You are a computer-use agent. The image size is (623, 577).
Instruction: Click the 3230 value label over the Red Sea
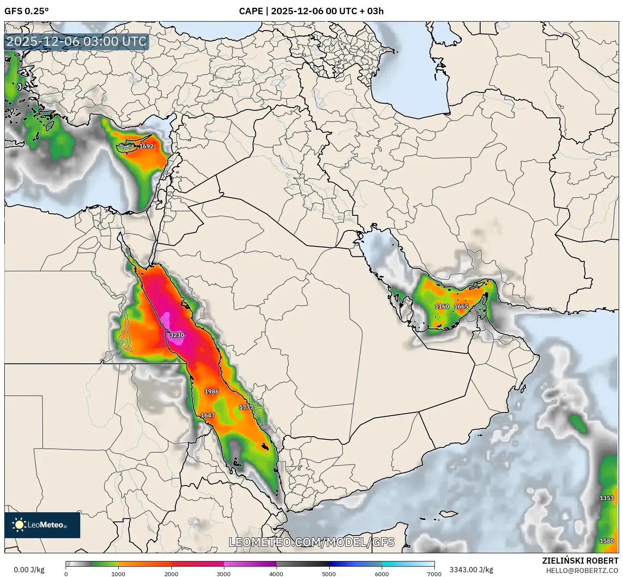click(x=177, y=335)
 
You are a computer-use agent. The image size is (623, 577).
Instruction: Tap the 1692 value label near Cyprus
click(x=146, y=146)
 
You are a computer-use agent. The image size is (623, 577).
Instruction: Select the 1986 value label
click(x=211, y=391)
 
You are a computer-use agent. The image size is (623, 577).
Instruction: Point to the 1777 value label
click(x=246, y=407)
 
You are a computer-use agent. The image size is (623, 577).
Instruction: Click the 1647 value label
click(x=208, y=416)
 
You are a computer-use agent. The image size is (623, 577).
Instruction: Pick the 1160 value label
click(x=442, y=306)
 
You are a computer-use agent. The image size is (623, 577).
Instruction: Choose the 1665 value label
click(x=461, y=306)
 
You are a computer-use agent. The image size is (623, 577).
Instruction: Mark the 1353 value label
click(x=607, y=498)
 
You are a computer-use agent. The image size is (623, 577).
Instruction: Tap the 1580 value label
click(x=607, y=541)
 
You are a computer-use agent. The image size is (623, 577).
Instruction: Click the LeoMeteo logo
click(x=42, y=525)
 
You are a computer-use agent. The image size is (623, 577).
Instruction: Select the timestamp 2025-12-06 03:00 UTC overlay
click(x=76, y=41)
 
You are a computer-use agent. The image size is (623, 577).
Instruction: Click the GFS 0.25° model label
click(x=26, y=11)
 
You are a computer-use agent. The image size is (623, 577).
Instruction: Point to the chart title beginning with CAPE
click(x=311, y=11)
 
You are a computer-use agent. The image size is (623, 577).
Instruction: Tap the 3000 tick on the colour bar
click(x=223, y=574)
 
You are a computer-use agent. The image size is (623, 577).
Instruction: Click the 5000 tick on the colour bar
click(x=329, y=574)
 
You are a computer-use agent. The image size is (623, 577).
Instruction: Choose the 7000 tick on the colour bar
click(x=434, y=574)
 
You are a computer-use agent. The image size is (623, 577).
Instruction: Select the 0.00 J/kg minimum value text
click(x=29, y=570)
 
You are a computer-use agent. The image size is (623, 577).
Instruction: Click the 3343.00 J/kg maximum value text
click(x=471, y=570)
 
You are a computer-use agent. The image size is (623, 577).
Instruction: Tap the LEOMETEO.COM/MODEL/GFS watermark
click(x=311, y=542)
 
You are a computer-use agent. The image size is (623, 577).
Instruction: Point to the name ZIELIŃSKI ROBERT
click(x=580, y=561)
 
